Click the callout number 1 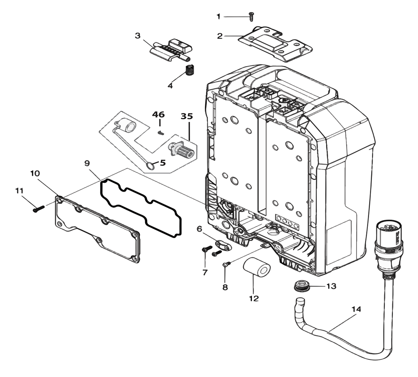[218, 16]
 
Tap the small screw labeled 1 [251, 16]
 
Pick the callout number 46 [158, 114]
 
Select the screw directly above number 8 [225, 264]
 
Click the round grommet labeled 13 [302, 287]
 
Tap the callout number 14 [356, 310]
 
